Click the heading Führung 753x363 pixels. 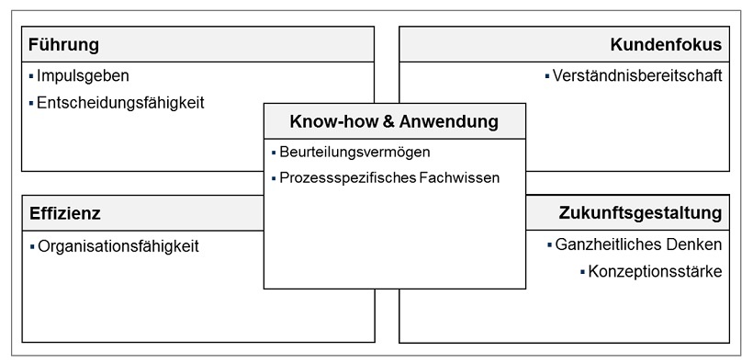(63, 45)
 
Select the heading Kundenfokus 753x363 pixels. (666, 45)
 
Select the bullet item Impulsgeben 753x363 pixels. (83, 75)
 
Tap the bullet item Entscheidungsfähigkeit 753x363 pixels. (120, 103)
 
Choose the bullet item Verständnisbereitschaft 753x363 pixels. (637, 75)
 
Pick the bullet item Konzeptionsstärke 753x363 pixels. (655, 272)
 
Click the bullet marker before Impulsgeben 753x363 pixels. (30, 75)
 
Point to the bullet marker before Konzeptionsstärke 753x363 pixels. (582, 272)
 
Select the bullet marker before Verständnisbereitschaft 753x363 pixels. (547, 75)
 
